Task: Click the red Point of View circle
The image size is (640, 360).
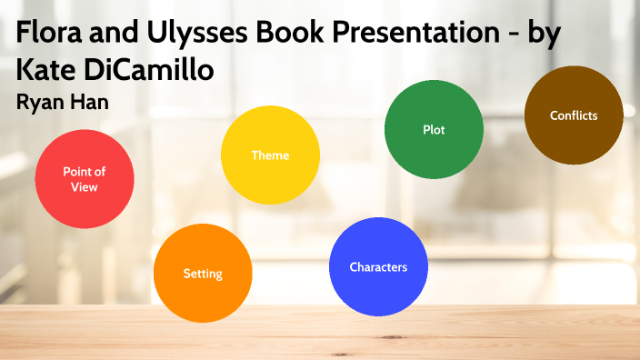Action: point(85,179)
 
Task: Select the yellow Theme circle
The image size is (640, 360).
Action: point(270,155)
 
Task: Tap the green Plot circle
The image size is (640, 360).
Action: point(434,129)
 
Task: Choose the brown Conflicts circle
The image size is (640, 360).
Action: point(574,115)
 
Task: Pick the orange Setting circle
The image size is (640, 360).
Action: point(203,273)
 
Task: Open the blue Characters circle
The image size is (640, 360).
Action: point(378,266)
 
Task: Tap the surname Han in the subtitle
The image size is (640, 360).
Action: point(92,102)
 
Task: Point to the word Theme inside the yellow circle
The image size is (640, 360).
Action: point(270,155)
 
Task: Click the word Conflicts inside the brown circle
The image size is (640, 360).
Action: point(574,115)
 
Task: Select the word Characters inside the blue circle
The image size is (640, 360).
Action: point(378,266)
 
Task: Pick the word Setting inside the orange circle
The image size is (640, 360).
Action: point(203,273)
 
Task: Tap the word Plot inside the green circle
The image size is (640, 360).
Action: point(434,129)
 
